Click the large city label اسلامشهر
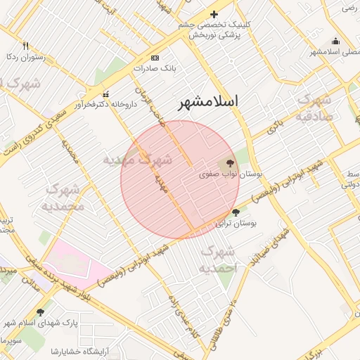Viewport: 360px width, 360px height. [208, 101]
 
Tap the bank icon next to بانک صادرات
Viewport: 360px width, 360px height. [155, 58]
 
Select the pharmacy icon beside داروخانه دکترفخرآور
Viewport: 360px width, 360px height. [106, 95]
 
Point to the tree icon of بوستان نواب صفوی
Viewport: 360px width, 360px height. [230, 162]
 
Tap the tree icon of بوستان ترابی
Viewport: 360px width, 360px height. [236, 212]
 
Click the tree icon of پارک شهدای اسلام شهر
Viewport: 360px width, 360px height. [40, 313]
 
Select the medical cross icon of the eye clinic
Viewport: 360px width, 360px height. [214, 14]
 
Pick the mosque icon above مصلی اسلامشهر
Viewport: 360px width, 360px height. [335, 41]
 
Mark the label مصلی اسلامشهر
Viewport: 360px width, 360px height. [335, 52]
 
